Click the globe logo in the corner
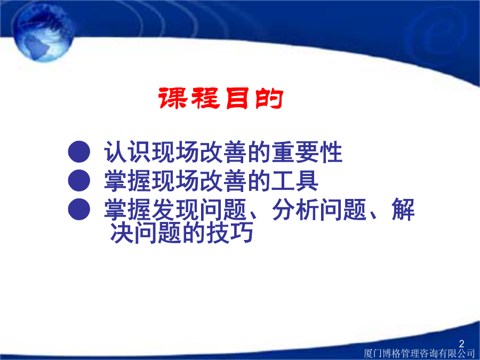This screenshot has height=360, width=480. click(x=43, y=32)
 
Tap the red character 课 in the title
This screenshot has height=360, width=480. click(x=173, y=98)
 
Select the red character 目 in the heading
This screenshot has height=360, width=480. click(x=237, y=98)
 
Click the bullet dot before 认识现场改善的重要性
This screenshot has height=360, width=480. click(x=79, y=151)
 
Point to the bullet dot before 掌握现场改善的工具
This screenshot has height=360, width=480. click(x=79, y=181)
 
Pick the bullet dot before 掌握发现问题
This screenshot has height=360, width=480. click(x=79, y=209)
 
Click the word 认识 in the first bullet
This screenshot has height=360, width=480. click(x=127, y=152)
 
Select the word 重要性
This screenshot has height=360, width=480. click(x=307, y=152)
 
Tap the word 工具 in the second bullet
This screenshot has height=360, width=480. click(x=295, y=181)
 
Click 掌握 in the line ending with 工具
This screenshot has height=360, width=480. click(x=127, y=181)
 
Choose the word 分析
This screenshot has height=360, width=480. click(x=295, y=210)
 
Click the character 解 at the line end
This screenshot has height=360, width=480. click(x=403, y=210)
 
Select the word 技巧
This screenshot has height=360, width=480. click(x=230, y=233)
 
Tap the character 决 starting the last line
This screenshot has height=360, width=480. click(x=122, y=233)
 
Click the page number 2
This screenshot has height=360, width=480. click(x=462, y=343)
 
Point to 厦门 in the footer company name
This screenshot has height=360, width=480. click(x=373, y=354)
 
